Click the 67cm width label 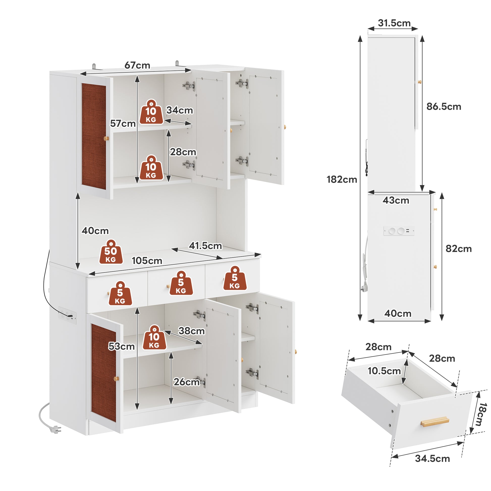(137, 65)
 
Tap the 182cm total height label (342, 179)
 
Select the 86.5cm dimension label (444, 106)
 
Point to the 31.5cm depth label (394, 23)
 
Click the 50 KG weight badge (111, 252)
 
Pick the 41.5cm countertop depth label (205, 246)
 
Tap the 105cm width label (147, 260)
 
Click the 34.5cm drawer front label (432, 458)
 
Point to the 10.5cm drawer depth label (384, 371)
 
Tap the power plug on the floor (55, 429)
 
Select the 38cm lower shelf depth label (191, 331)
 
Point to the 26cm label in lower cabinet (186, 382)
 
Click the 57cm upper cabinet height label (123, 124)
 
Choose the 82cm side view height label (458, 249)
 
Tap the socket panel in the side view (399, 231)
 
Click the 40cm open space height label (95, 231)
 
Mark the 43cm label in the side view (396, 200)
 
